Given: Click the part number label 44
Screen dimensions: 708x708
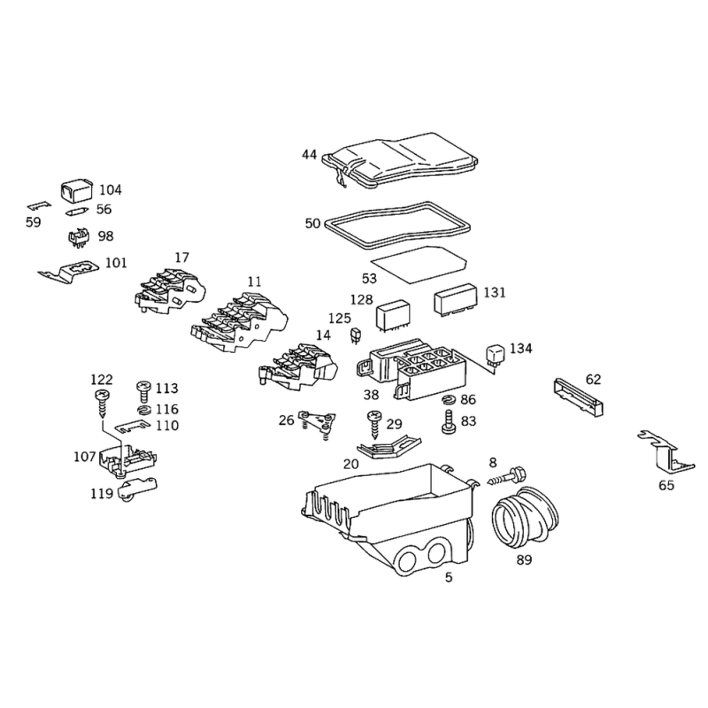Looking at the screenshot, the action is tap(309, 155).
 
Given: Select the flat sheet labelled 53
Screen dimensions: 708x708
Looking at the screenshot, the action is tap(419, 265).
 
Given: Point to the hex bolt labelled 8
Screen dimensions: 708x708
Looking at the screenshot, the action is tap(507, 477).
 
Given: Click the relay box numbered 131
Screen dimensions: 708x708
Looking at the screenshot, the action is tap(455, 298).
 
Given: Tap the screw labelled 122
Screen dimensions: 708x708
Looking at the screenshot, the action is tap(104, 404).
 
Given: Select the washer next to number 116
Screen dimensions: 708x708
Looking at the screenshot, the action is tap(143, 410).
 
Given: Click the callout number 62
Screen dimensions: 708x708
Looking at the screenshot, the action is tap(593, 380).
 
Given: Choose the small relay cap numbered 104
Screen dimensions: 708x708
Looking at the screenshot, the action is tap(76, 191).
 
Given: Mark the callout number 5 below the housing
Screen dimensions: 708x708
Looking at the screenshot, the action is tap(449, 578).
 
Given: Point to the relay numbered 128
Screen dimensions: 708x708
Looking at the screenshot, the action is tap(393, 318).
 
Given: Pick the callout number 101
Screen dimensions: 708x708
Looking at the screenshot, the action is tap(116, 263).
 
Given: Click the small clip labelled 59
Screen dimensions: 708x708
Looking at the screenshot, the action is tap(39, 206).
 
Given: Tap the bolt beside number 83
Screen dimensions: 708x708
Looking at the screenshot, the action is tap(448, 422).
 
